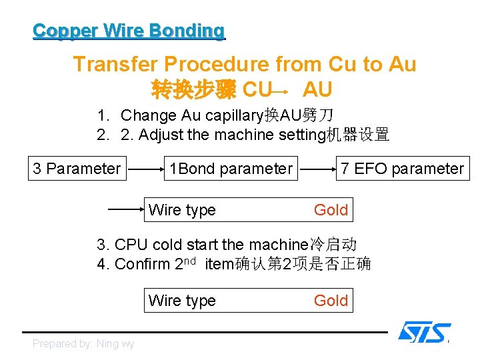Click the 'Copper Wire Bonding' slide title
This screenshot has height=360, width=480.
tap(129, 31)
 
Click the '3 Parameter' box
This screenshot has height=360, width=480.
tap(77, 169)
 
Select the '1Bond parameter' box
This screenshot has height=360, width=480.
tap(231, 169)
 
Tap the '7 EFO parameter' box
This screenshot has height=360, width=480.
tap(402, 169)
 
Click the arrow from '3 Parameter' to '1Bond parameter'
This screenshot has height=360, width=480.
tap(146, 169)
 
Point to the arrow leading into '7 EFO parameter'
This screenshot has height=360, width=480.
tap(317, 169)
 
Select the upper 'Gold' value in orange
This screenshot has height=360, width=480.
tap(331, 210)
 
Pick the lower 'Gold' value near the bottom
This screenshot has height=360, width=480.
tap(331, 301)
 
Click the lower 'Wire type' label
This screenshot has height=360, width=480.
tap(182, 301)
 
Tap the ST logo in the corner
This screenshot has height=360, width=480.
tap(424, 332)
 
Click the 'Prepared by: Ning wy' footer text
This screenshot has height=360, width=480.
tap(83, 343)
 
